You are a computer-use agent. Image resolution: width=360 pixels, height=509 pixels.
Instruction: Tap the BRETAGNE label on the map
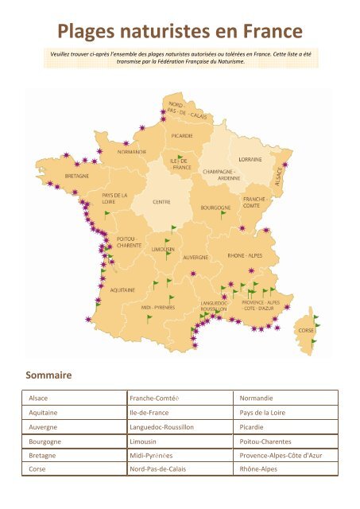coord(76,175)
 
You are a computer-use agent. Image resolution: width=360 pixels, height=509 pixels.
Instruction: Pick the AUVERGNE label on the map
coord(195,258)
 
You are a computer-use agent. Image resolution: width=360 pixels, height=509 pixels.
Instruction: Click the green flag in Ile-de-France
coord(180,157)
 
